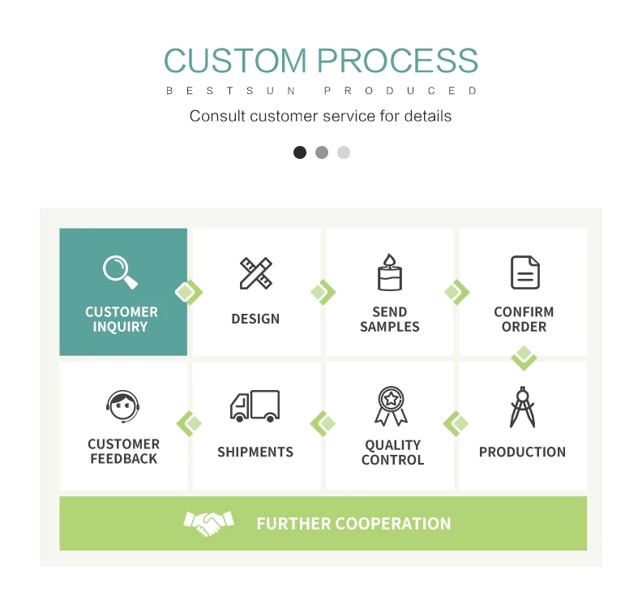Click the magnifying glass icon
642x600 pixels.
(x=120, y=272)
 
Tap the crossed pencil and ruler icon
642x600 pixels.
(x=256, y=273)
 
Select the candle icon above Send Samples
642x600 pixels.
(x=389, y=272)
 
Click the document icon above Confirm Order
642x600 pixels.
(x=524, y=272)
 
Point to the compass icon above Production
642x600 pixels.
(x=522, y=407)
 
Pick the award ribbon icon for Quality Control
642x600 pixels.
(x=391, y=406)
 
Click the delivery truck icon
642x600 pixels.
(x=255, y=405)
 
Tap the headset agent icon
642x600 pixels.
(x=123, y=407)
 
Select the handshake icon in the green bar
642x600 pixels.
(x=208, y=523)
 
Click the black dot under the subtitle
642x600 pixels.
(x=300, y=152)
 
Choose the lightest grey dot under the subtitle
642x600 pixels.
(x=344, y=152)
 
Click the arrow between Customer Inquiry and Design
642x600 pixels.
(x=189, y=292)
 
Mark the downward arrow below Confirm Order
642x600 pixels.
(x=524, y=357)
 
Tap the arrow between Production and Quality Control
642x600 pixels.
(x=456, y=423)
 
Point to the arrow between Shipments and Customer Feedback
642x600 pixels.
(x=190, y=423)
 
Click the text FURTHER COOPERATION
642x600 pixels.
(x=353, y=524)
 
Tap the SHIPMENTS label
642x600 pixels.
(x=255, y=452)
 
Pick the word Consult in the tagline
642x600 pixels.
(x=217, y=116)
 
